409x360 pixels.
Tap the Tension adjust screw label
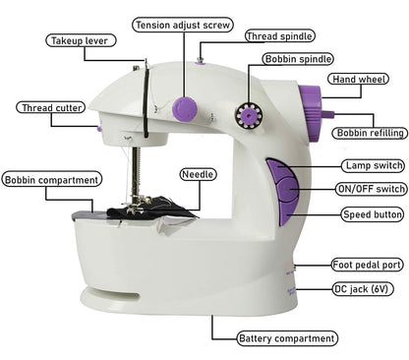click(183, 25)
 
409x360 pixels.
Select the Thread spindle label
click(280, 36)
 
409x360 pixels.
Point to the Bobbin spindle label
click(297, 60)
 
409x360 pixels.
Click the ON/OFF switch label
click(371, 189)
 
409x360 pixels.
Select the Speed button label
click(373, 213)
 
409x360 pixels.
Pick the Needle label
click(198, 174)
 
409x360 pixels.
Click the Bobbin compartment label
click(51, 179)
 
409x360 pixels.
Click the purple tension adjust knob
click(184, 107)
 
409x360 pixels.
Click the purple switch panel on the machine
click(283, 191)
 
